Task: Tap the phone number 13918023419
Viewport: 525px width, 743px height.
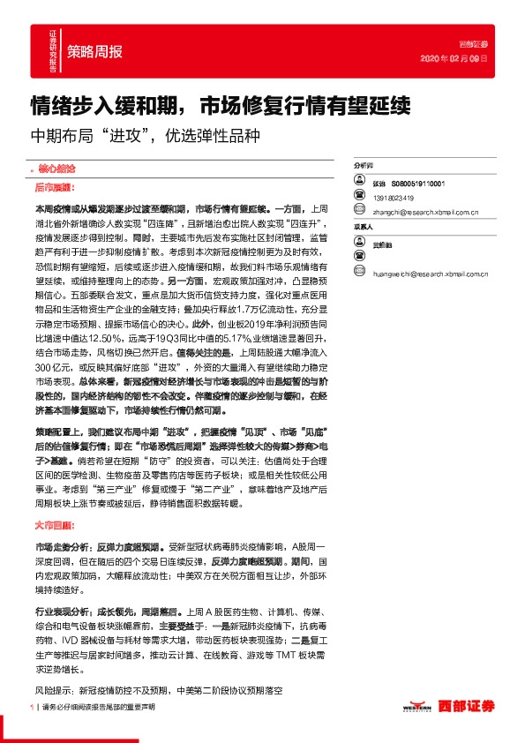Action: coord(393,198)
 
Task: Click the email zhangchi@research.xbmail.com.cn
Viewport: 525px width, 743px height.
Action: coord(426,212)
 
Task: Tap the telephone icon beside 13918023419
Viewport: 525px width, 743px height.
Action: coord(359,198)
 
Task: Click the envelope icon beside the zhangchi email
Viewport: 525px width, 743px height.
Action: coord(359,212)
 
